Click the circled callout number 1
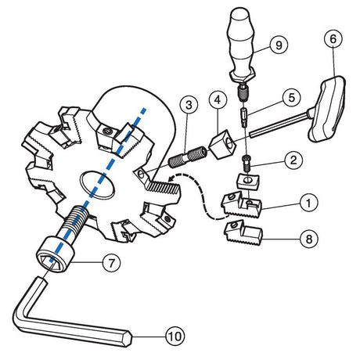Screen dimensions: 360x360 click(308, 203)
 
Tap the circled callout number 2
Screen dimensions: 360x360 click(293, 160)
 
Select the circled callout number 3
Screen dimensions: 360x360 click(189, 105)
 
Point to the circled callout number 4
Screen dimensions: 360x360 click(218, 99)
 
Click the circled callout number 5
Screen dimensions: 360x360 click(291, 97)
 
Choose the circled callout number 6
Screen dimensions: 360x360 click(333, 39)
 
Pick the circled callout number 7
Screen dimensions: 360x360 click(111, 263)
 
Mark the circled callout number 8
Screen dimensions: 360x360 click(309, 239)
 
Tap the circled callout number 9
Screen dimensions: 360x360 click(279, 45)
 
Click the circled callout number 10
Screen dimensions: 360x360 click(175, 337)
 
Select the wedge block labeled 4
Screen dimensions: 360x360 click(222, 144)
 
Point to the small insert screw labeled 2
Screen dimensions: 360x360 click(247, 163)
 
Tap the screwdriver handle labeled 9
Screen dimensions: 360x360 click(241, 45)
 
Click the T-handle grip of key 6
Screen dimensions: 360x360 click(327, 109)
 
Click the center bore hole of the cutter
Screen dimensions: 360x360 click(98, 185)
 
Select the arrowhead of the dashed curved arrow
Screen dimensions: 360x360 click(172, 178)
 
